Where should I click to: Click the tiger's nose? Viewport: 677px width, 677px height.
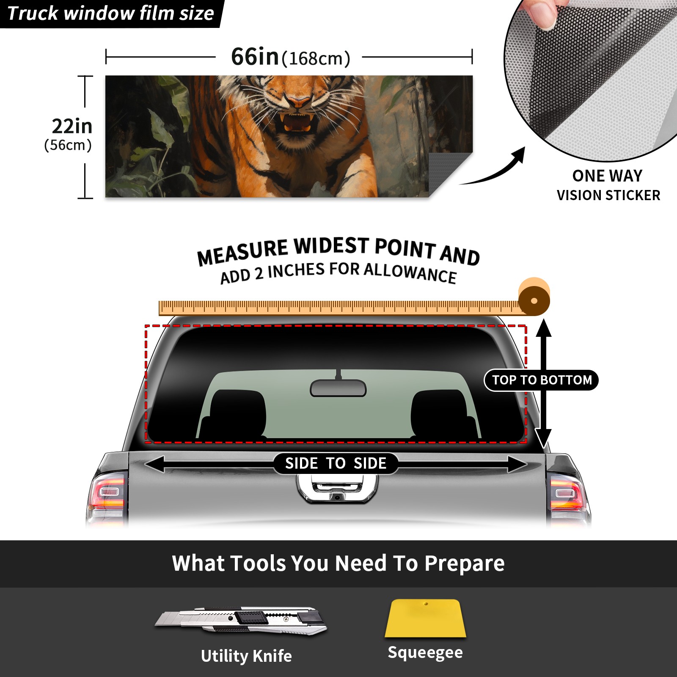(x=299, y=102)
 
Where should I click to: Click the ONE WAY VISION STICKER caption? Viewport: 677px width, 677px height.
(x=608, y=185)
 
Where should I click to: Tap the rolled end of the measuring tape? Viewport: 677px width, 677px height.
(x=534, y=299)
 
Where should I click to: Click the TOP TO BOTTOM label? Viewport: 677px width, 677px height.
(x=542, y=380)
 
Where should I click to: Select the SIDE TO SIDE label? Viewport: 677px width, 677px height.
(x=336, y=463)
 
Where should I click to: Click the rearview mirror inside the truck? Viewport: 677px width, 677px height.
(x=338, y=388)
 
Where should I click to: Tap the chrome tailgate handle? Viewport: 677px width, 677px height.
(x=337, y=488)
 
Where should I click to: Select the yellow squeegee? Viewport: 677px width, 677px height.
(x=425, y=618)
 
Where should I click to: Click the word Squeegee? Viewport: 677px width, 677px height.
(x=425, y=653)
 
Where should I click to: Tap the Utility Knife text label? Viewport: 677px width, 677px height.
(x=246, y=656)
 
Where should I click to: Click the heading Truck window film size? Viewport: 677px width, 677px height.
(x=111, y=14)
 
